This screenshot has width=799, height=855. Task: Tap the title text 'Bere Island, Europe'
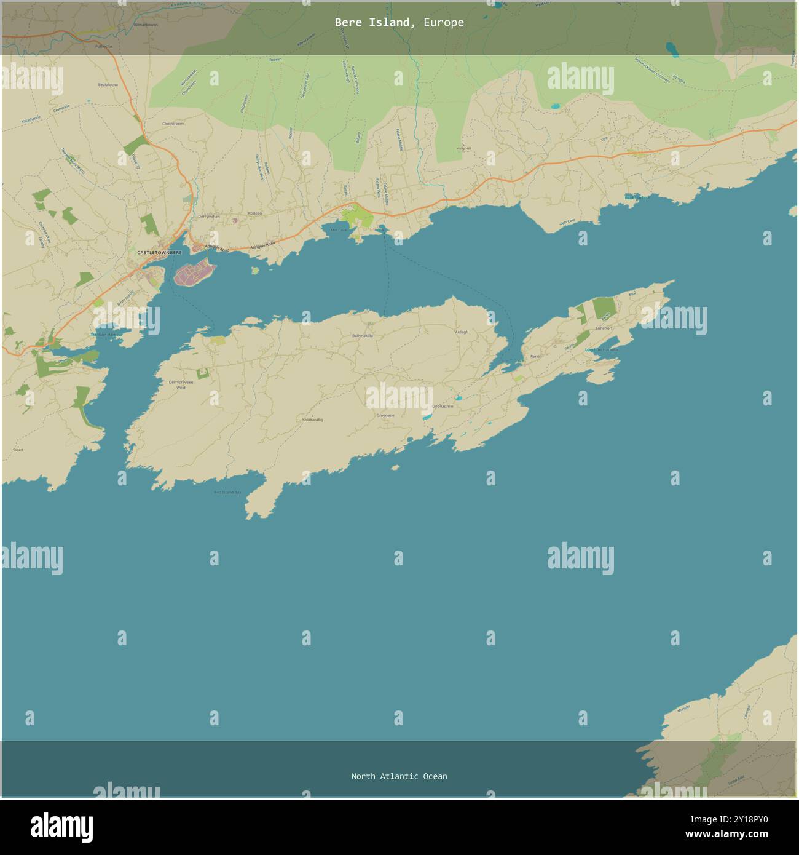tap(399, 23)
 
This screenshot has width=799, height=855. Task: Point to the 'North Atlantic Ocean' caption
tap(399, 776)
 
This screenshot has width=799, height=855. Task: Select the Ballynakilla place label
tap(363, 336)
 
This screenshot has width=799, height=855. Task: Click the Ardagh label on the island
tap(461, 332)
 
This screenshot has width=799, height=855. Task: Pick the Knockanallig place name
tap(313, 420)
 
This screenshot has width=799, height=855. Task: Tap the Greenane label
tap(385, 415)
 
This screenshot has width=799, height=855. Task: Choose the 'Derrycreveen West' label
tap(181, 385)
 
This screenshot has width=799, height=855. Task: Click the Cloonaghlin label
tap(443, 406)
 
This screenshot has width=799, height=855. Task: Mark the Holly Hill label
tap(463, 148)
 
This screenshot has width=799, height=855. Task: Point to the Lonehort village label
tap(604, 328)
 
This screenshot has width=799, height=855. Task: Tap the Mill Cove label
tap(339, 231)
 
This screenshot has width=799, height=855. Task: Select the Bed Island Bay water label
tap(227, 492)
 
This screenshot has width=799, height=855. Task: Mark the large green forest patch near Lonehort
tap(604, 308)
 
